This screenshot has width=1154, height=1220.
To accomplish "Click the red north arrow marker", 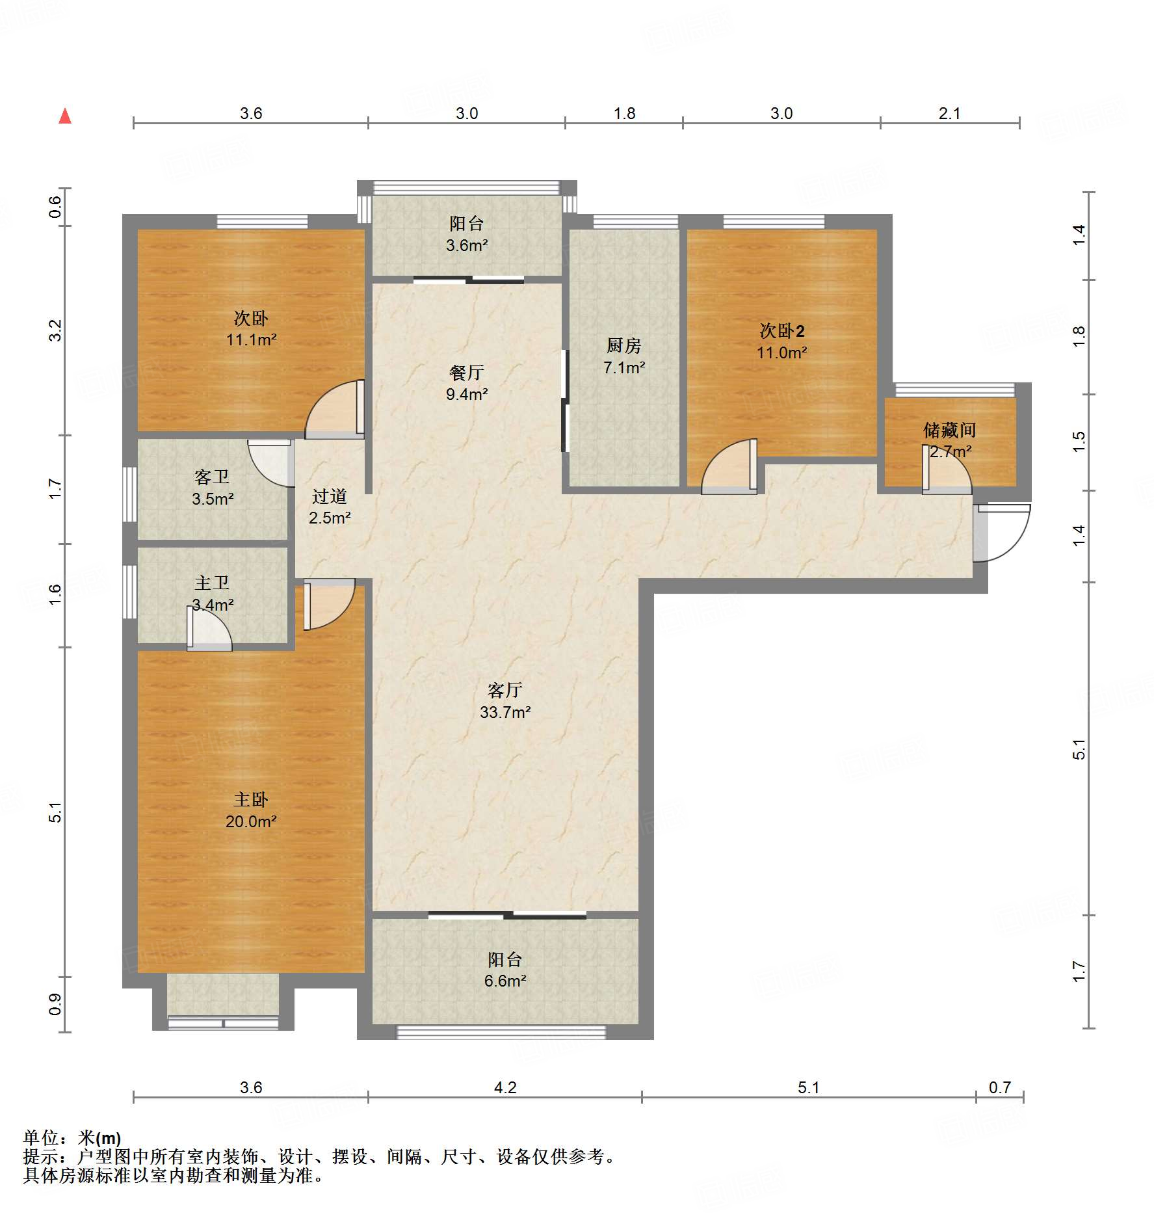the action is pyautogui.click(x=65, y=116).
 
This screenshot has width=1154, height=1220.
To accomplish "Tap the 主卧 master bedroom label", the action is pyautogui.click(x=251, y=800).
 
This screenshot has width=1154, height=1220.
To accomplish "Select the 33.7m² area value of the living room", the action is pyautogui.click(x=505, y=712).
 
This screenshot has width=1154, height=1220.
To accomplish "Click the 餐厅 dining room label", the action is pyautogui.click(x=467, y=373).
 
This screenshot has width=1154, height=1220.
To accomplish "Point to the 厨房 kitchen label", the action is pyautogui.click(x=624, y=345).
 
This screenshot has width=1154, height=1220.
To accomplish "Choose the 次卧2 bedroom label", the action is pyautogui.click(x=782, y=331).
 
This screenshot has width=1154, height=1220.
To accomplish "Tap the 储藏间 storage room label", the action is pyautogui.click(x=949, y=430).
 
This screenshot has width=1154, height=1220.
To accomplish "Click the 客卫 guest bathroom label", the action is pyautogui.click(x=212, y=477).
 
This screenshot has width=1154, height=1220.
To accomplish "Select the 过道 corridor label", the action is pyautogui.click(x=330, y=497).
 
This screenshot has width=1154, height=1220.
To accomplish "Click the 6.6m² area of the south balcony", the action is pyautogui.click(x=505, y=981).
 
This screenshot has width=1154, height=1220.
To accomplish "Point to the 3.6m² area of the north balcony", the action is pyautogui.click(x=467, y=245).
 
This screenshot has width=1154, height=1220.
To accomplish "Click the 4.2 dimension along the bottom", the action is pyautogui.click(x=505, y=1087).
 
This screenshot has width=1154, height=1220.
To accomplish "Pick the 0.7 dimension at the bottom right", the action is pyautogui.click(x=1000, y=1087).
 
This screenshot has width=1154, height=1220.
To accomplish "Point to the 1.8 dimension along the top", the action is pyautogui.click(x=624, y=114).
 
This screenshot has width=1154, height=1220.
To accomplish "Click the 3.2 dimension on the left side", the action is pyautogui.click(x=56, y=330).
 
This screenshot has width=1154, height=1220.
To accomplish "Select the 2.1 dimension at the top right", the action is pyautogui.click(x=949, y=114).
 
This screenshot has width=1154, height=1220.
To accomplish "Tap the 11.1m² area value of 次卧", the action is pyautogui.click(x=252, y=339).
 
